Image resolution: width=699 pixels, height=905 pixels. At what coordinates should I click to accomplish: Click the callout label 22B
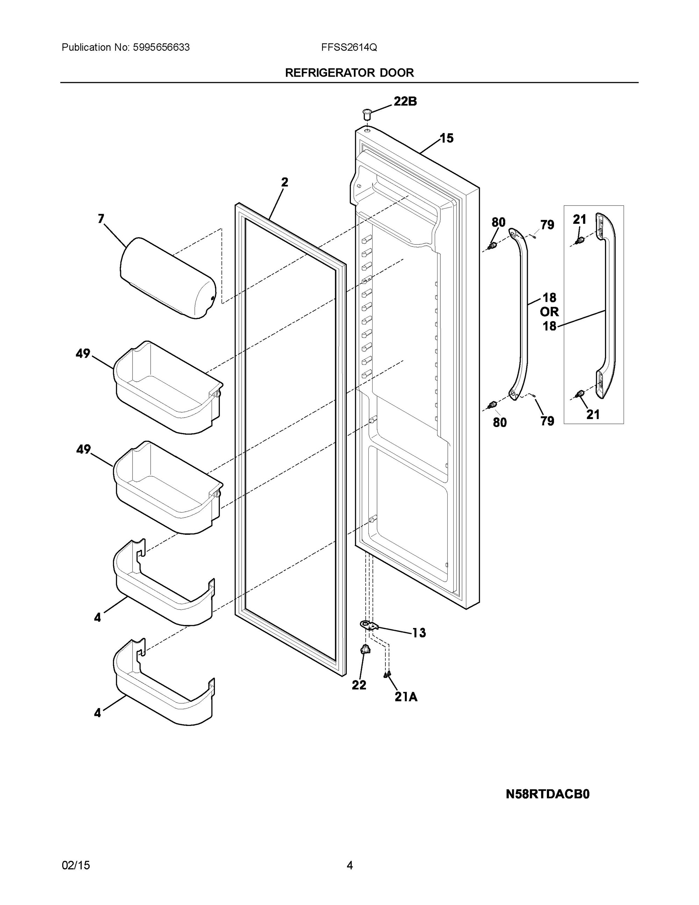pyautogui.click(x=405, y=101)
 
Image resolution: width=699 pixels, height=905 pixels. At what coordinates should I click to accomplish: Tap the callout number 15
pyautogui.click(x=446, y=138)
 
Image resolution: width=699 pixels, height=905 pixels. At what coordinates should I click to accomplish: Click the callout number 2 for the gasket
pyautogui.click(x=284, y=182)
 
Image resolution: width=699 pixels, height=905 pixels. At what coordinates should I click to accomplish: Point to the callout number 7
pyautogui.click(x=101, y=219)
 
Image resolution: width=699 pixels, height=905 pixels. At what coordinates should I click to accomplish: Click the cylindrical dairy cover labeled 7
pyautogui.click(x=168, y=278)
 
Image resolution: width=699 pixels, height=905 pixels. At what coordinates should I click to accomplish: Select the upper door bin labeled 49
pyautogui.click(x=168, y=387)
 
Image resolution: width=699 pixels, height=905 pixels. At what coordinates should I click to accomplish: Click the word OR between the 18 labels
pyautogui.click(x=549, y=312)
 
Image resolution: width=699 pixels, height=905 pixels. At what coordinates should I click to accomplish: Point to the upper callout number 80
pyautogui.click(x=499, y=222)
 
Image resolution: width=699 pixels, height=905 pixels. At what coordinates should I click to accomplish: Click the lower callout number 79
pyautogui.click(x=547, y=421)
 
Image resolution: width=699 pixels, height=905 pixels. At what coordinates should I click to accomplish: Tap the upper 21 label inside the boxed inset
pyautogui.click(x=579, y=220)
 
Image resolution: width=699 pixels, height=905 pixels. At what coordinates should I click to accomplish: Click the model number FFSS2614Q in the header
pyautogui.click(x=349, y=48)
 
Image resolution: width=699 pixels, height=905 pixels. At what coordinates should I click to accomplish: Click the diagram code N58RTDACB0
pyautogui.click(x=547, y=794)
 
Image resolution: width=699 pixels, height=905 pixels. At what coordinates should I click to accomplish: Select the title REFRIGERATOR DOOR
pyautogui.click(x=349, y=73)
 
